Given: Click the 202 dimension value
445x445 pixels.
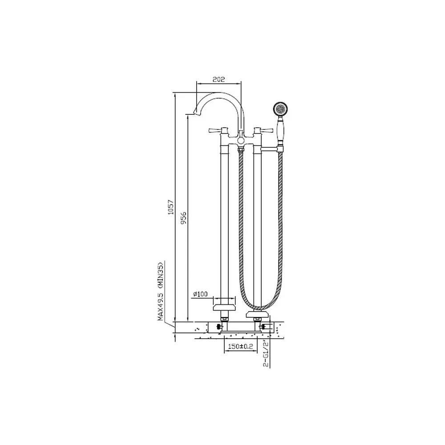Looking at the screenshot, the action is (218, 80).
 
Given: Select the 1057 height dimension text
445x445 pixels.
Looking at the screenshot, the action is (170, 207).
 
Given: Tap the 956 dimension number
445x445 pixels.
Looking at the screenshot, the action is (184, 218).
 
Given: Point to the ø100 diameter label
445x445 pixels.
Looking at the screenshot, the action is (200, 294).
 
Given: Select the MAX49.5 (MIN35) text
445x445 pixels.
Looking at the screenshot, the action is (161, 291).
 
